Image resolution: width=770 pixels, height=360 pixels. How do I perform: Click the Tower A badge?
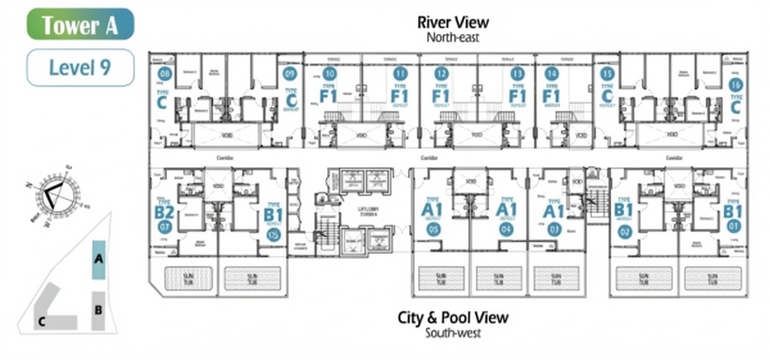[x=80, y=24]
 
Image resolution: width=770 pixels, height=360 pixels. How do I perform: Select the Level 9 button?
[x=80, y=67]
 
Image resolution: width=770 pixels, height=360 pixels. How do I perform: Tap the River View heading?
[x=453, y=22]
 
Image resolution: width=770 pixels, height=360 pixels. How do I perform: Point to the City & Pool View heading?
[x=453, y=318]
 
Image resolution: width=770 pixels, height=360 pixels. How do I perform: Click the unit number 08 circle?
[x=165, y=75]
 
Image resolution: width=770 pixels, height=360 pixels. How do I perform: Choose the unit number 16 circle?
[x=736, y=84]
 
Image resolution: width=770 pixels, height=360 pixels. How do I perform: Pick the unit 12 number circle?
[x=441, y=74]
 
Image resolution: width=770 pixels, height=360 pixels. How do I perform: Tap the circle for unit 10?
[x=329, y=74]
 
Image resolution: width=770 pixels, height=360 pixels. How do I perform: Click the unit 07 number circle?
[x=165, y=227]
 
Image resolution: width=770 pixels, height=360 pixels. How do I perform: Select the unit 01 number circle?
[x=732, y=226]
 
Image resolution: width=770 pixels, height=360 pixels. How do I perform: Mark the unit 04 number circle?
[x=506, y=229]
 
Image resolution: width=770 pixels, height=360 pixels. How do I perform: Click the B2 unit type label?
[x=164, y=212]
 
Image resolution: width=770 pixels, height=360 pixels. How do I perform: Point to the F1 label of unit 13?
[x=517, y=97]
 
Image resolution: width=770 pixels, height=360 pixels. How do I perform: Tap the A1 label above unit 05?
[x=433, y=209]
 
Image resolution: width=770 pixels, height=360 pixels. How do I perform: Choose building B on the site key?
[x=98, y=309]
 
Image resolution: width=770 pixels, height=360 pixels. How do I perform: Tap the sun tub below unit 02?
[x=643, y=278]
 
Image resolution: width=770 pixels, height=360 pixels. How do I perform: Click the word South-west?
[x=453, y=333]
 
